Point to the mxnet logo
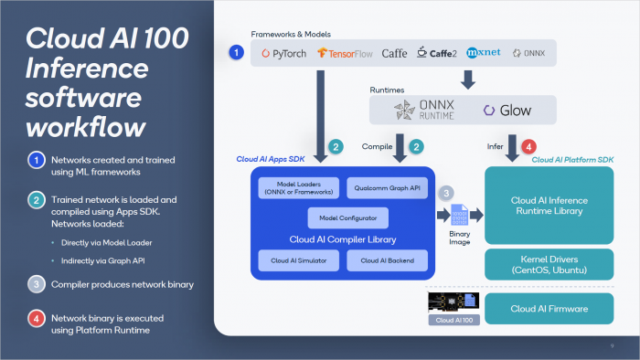tap(483, 53)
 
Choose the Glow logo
tap(507, 111)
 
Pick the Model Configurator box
tap(340, 218)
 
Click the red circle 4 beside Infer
tap(528, 145)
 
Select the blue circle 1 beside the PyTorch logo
tap(236, 53)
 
